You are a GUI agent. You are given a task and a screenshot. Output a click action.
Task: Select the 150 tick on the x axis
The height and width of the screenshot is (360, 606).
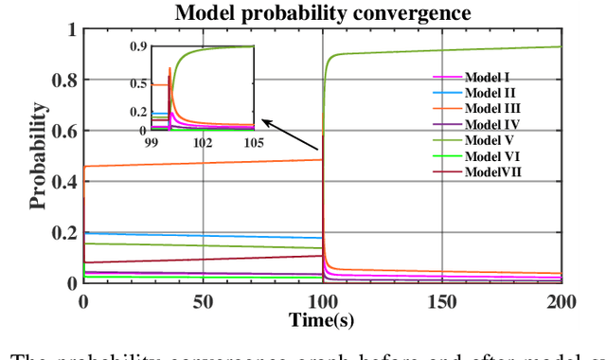pyautogui.click(x=441, y=300)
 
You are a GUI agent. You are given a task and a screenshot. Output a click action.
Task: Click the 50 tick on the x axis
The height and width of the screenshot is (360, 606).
pyautogui.click(x=202, y=300)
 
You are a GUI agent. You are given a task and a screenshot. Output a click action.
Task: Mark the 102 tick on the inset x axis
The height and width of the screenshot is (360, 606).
pyautogui.click(x=202, y=143)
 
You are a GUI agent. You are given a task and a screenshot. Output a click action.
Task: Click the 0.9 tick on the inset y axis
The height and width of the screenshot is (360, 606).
pyautogui.click(x=137, y=46)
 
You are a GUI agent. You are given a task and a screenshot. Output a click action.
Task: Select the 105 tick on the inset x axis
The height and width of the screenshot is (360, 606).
pyautogui.click(x=253, y=143)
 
